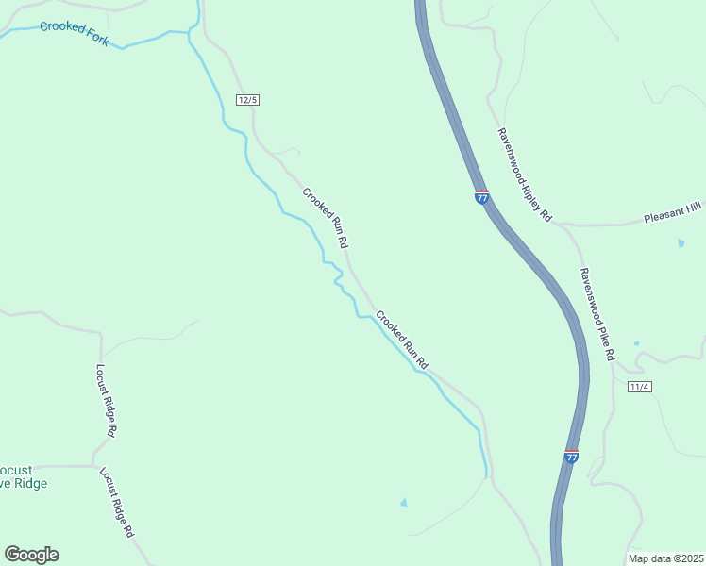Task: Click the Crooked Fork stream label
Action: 74,33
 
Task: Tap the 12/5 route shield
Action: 248,100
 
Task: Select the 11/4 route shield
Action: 640,387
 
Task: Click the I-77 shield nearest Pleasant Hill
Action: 481,197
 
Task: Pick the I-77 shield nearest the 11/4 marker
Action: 571,457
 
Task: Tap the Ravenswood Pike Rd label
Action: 597,313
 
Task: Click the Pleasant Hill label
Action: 674,216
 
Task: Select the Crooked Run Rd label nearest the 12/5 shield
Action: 327,219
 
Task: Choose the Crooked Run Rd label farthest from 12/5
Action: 402,339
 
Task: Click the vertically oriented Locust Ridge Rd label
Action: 107,401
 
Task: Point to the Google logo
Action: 31,555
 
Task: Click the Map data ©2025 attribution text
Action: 665,558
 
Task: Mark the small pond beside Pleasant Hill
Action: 681,243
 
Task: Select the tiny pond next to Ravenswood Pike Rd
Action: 636,343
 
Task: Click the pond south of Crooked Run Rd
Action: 404,503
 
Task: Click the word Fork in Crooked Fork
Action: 94,40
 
